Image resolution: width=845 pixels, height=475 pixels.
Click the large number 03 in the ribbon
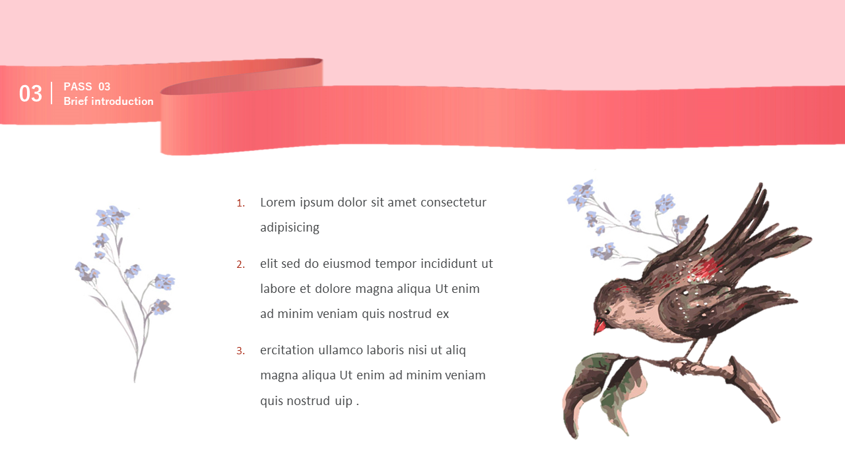pyautogui.click(x=30, y=94)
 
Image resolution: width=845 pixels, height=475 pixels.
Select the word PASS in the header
pyautogui.click(x=78, y=86)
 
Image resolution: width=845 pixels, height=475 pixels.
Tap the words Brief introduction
pyautogui.click(x=109, y=101)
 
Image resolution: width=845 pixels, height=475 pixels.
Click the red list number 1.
pyautogui.click(x=240, y=204)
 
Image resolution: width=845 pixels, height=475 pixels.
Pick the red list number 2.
pyautogui.click(x=240, y=265)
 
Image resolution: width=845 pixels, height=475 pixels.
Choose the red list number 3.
pyautogui.click(x=240, y=351)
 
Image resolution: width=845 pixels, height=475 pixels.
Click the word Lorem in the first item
pyautogui.click(x=278, y=203)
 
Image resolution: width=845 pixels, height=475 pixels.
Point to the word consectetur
pyautogui.click(x=454, y=203)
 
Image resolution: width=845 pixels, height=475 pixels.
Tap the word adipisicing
pyautogui.click(x=290, y=228)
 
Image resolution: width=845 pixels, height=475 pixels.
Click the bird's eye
pyautogui.click(x=607, y=312)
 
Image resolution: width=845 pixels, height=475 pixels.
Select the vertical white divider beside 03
pyautogui.click(x=51, y=93)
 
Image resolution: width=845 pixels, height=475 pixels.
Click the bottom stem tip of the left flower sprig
pyautogui.click(x=135, y=381)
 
